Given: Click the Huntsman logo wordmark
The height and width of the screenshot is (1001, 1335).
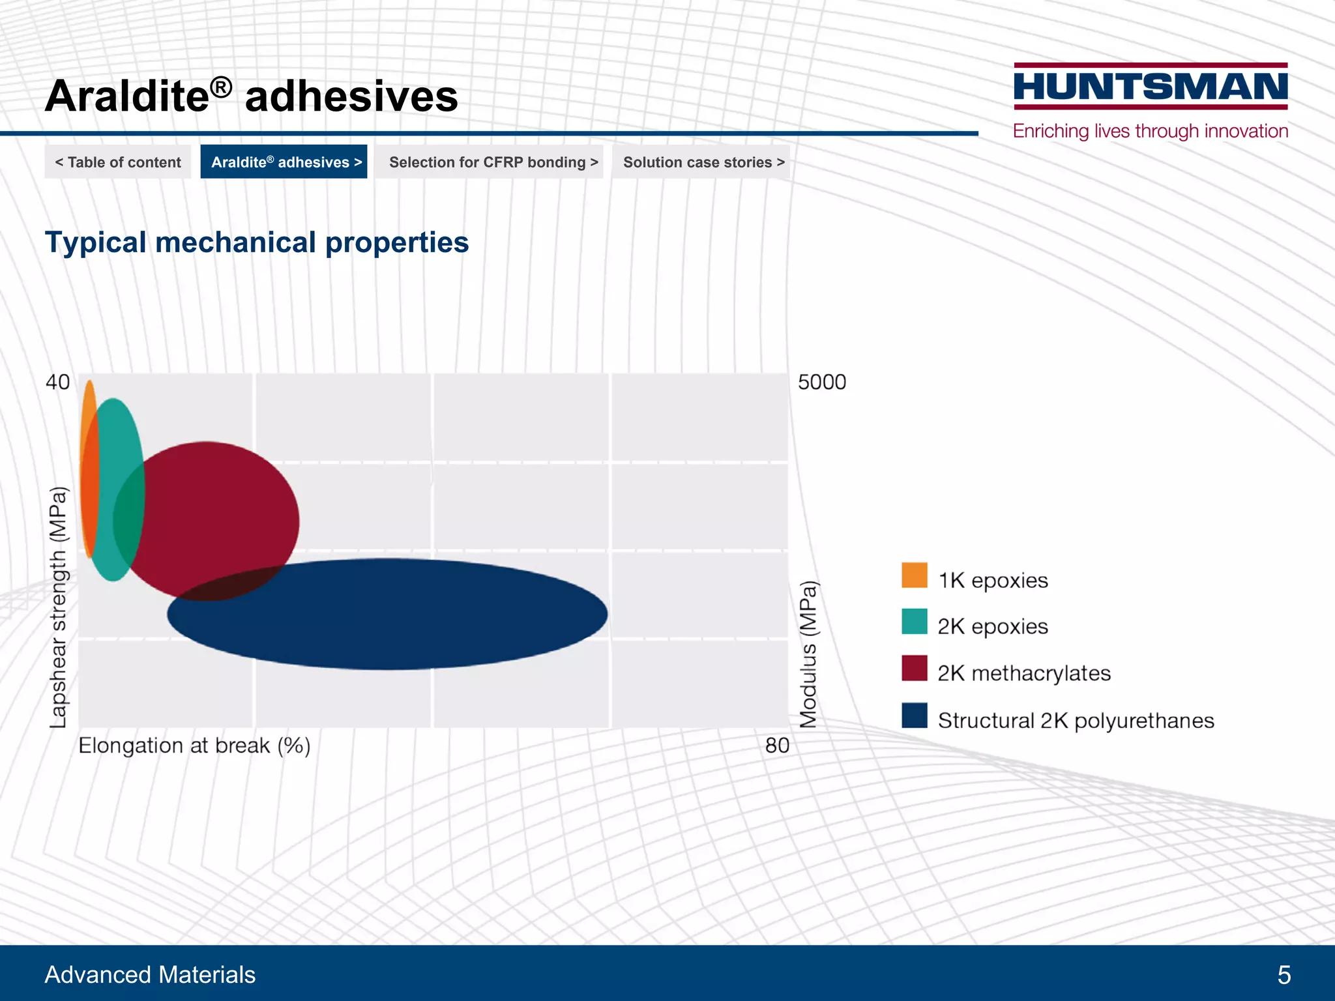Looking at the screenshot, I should pos(1151,87).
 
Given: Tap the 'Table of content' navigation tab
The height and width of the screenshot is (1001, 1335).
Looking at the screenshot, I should pos(118,162).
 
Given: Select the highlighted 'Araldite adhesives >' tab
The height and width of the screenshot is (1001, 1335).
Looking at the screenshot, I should pos(284,162).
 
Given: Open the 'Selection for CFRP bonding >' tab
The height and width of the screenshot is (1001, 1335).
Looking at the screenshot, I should pos(493,162).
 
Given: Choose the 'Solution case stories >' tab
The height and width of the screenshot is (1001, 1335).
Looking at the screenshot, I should pos(703,162).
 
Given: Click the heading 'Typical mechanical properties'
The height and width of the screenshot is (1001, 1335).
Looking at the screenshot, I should pos(256,242).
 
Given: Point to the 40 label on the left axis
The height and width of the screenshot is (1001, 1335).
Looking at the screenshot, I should pos(57,382).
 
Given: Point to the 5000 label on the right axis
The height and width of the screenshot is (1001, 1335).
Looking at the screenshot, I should pos(822,382).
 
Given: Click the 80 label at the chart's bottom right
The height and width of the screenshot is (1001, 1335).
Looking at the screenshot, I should pos(777,745).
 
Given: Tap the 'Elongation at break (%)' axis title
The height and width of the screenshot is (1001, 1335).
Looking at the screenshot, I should pos(194,746).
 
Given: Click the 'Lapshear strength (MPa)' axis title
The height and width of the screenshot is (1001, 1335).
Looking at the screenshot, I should pos(58,607).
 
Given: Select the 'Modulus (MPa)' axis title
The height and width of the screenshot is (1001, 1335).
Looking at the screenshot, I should pos(808,654).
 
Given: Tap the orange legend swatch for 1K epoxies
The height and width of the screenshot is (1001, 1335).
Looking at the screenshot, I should pos(914,575).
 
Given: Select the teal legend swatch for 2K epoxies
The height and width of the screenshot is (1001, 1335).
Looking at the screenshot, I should pos(914,622).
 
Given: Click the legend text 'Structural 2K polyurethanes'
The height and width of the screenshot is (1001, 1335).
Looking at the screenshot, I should pos(1076,721).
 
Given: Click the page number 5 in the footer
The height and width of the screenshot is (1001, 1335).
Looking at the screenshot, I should pos(1284,975).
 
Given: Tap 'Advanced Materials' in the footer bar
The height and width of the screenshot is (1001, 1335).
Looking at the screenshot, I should pos(150,975).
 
